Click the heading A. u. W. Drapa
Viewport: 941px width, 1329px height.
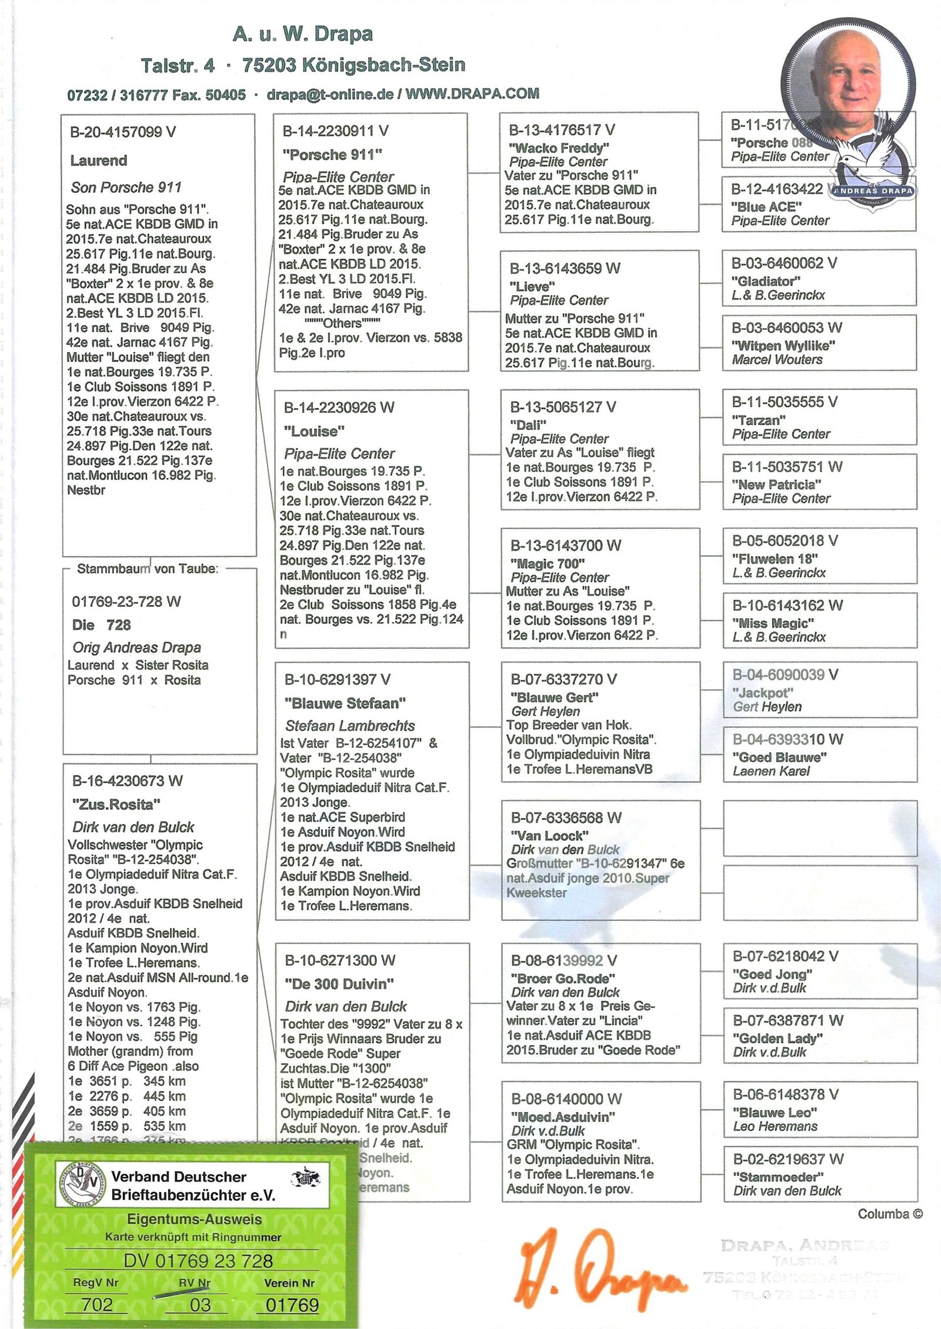[303, 34]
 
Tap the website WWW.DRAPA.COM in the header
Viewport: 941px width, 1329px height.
[472, 94]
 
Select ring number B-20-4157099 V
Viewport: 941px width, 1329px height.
[123, 132]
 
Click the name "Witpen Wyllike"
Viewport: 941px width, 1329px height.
[783, 345]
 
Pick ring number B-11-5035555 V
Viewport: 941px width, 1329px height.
[785, 402]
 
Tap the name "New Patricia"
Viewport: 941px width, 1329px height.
[776, 485]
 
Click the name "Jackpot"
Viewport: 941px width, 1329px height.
[763, 693]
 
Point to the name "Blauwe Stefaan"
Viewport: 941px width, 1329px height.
[345, 703]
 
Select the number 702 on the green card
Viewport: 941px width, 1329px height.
[98, 1304]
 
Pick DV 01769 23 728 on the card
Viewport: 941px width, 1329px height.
[198, 1261]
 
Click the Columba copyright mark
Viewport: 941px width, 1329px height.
[890, 1214]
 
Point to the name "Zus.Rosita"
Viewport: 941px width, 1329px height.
[116, 804]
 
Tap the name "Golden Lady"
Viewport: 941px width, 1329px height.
[778, 1038]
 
